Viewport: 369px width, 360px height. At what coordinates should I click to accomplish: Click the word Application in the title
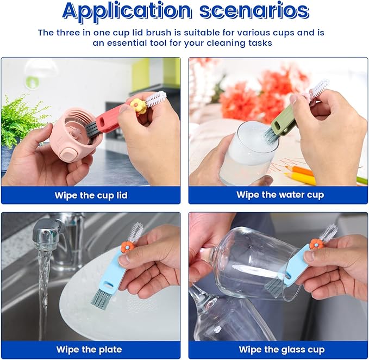tap(126, 11)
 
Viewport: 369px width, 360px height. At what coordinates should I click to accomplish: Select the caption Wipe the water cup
tap(280, 195)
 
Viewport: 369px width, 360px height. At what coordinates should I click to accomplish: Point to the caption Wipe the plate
tap(89, 349)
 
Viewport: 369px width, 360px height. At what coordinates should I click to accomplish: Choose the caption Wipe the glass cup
tap(282, 349)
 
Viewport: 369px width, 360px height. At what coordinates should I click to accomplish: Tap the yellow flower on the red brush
tap(138, 105)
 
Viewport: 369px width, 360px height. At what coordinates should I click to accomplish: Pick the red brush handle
tap(112, 119)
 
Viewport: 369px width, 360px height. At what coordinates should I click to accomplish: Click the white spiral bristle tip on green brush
tap(319, 88)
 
